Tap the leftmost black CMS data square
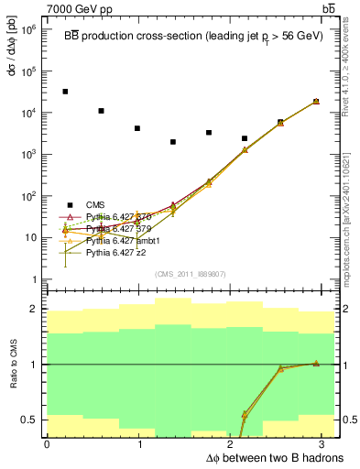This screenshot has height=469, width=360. point(65,92)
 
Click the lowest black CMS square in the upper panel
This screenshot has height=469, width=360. point(173,142)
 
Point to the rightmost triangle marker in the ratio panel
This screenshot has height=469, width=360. point(317,363)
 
